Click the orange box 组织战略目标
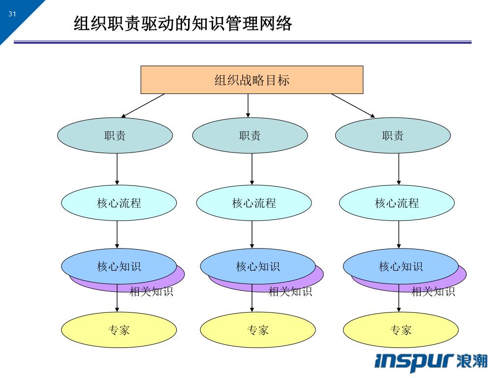(252, 80)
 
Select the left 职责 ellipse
(115, 136)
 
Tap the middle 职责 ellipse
(250, 136)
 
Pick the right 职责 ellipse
(393, 136)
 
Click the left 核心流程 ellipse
(119, 203)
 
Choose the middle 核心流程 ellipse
(254, 203)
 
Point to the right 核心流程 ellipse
(397, 203)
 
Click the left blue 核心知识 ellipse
(119, 266)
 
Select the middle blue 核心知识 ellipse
(257, 266)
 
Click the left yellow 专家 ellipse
(119, 330)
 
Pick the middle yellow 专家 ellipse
(257, 330)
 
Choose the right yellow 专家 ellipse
(401, 330)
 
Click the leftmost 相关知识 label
(151, 292)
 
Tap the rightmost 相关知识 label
(433, 292)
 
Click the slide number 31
(12, 14)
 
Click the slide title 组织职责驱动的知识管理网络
(183, 23)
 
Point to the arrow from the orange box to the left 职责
(143, 105)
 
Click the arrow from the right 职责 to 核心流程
(399, 169)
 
